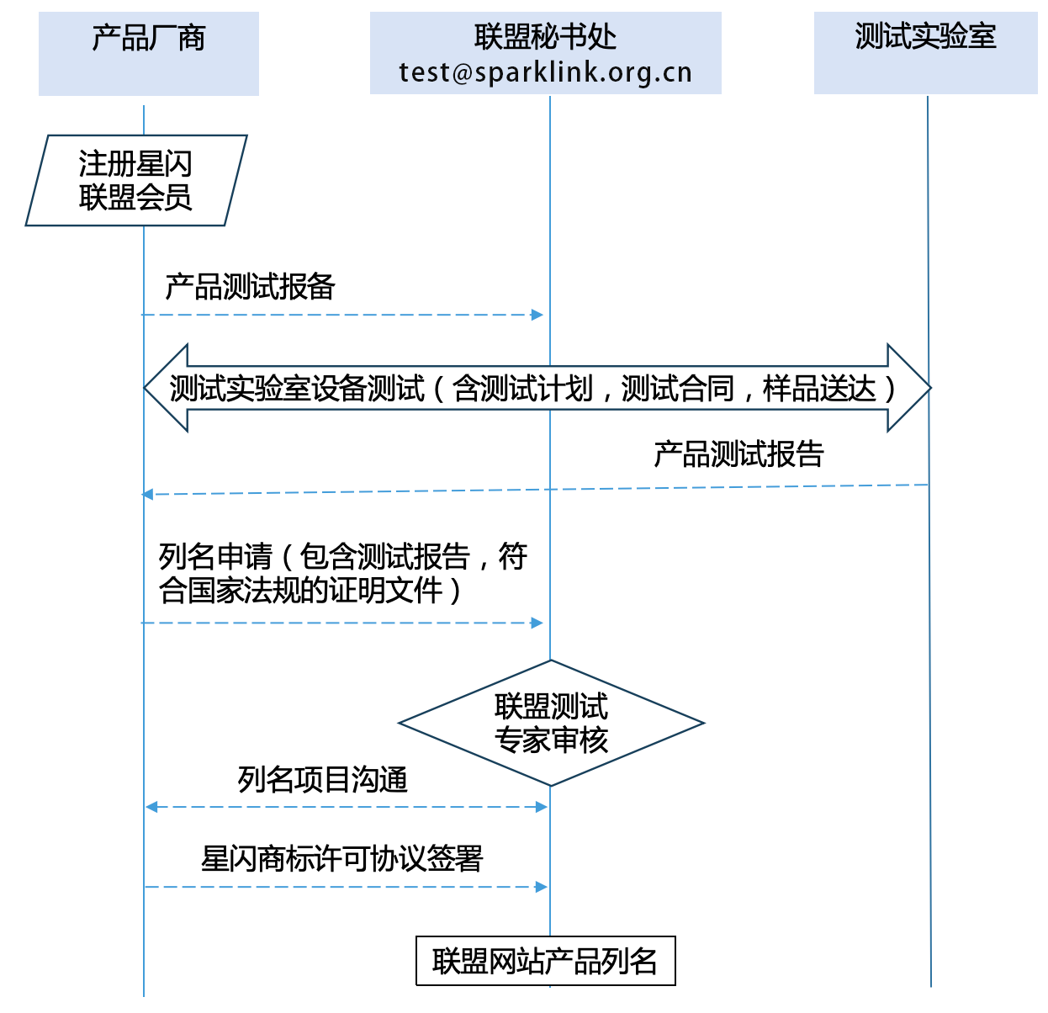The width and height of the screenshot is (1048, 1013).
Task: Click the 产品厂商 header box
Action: coord(149,53)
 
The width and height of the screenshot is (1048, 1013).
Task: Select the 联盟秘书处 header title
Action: coord(545,37)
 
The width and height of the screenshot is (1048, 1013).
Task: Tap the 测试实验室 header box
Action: coord(925,52)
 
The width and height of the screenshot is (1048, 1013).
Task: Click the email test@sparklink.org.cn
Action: coord(545,73)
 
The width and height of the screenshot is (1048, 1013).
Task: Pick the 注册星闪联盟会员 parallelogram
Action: coord(136,181)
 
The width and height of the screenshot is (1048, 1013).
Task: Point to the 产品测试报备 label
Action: coord(250,287)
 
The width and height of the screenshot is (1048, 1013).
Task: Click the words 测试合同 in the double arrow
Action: coord(677,389)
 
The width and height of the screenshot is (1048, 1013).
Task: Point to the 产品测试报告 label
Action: coord(738,454)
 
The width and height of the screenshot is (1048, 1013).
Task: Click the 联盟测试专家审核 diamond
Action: coord(551,723)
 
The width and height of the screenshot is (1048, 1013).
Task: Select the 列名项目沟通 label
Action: coord(322,780)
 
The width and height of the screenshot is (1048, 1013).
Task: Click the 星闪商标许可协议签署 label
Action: coord(342,859)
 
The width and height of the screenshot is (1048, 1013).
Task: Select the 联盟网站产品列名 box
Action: coord(545,961)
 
